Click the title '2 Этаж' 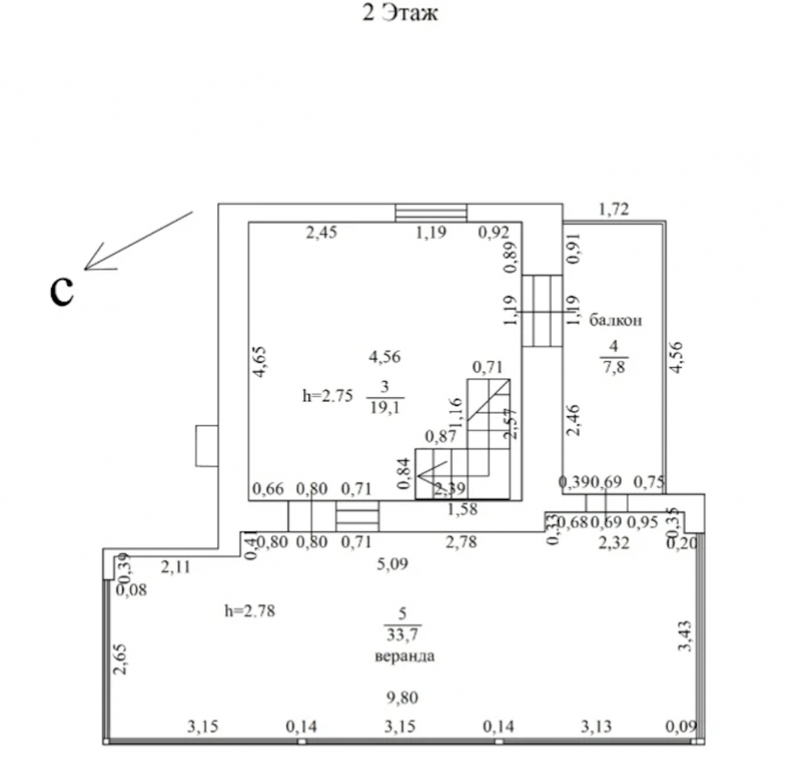(400, 14)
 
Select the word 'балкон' (615, 320)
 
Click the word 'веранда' (404, 656)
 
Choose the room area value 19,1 (385, 407)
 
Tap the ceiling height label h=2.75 (327, 397)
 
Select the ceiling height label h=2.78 (249, 610)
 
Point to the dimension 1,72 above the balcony (614, 209)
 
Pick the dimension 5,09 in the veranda (393, 565)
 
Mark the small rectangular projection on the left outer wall (206, 446)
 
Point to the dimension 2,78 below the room (461, 543)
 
